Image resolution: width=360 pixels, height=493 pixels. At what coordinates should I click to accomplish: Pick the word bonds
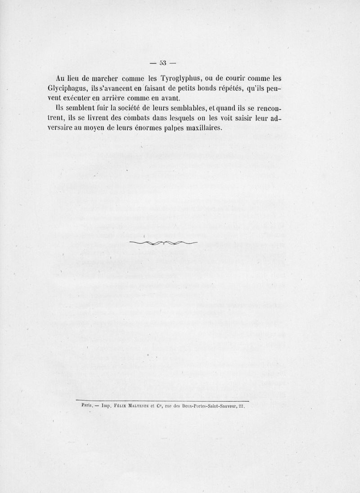point(189,88)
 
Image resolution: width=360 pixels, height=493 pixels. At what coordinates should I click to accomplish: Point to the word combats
point(127,118)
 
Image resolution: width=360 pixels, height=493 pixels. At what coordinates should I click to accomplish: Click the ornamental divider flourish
point(163,243)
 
